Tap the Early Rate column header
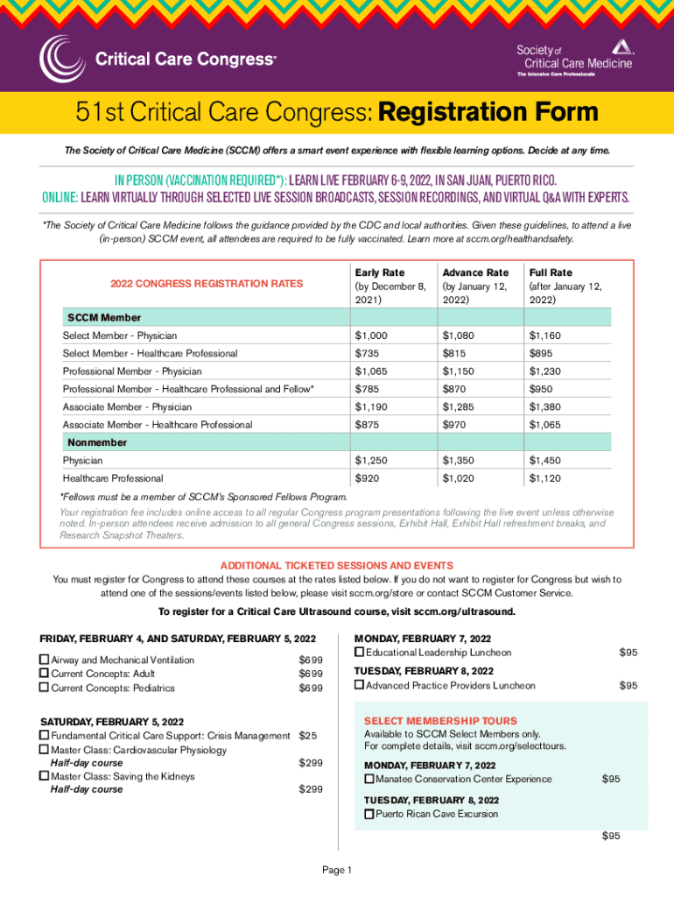pyautogui.click(x=379, y=272)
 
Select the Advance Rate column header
pyautogui.click(x=475, y=272)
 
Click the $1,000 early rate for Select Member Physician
pyautogui.click(x=371, y=335)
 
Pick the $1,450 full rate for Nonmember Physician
pyautogui.click(x=544, y=460)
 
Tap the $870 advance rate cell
pyautogui.click(x=456, y=389)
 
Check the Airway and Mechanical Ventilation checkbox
pyautogui.click(x=45, y=660)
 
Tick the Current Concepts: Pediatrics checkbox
pyautogui.click(x=45, y=688)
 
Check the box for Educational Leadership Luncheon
pyautogui.click(x=360, y=653)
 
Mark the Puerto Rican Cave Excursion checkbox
pyautogui.click(x=369, y=814)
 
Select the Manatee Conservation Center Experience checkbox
pyautogui.click(x=369, y=779)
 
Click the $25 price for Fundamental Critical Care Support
pyautogui.click(x=308, y=735)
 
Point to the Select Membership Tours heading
pyautogui.click(x=440, y=721)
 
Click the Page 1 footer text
pyautogui.click(x=337, y=870)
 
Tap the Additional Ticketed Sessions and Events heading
pyautogui.click(x=337, y=565)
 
